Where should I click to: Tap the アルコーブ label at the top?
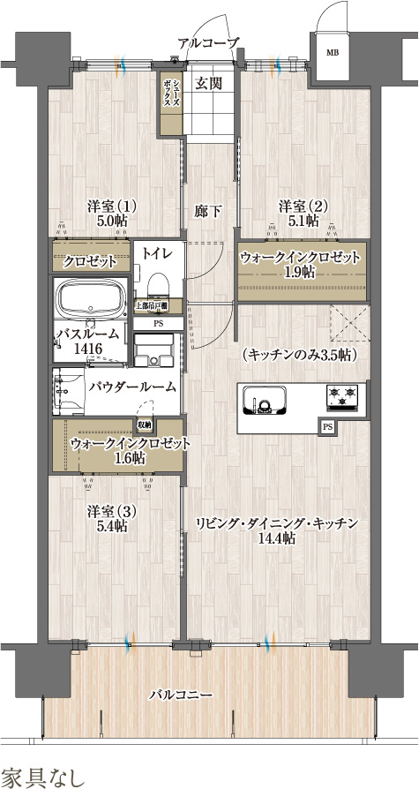(208, 42)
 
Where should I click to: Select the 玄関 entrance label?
(208, 84)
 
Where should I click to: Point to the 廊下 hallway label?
(208, 211)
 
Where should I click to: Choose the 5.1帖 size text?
(303, 222)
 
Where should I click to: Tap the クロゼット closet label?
(90, 262)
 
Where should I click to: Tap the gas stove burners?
(341, 397)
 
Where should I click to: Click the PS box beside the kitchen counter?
(327, 427)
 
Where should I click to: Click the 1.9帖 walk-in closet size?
(300, 273)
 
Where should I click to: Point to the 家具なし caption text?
(43, 777)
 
